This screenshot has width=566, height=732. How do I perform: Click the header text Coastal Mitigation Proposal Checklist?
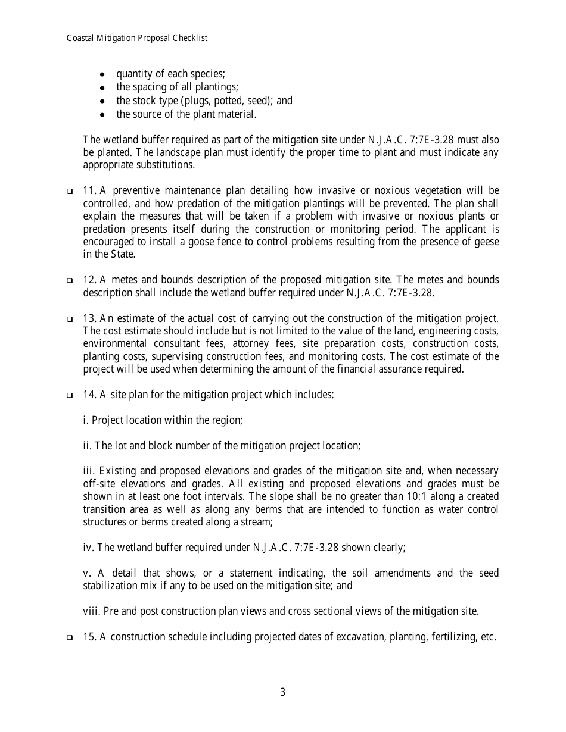137,38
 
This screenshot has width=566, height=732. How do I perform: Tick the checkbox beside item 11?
69,192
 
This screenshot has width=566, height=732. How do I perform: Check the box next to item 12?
69,281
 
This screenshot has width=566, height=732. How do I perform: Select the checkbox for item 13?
69,319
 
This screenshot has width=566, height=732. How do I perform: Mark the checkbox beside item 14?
69,395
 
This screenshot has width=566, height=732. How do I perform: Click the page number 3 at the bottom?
282,692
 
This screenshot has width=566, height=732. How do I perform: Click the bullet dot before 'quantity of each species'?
103,75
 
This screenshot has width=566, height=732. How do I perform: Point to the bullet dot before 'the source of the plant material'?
103,114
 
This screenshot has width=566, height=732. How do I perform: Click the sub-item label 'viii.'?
92,611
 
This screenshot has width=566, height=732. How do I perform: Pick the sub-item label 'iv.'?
89,548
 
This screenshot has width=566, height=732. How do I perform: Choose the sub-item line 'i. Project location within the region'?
163,420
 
